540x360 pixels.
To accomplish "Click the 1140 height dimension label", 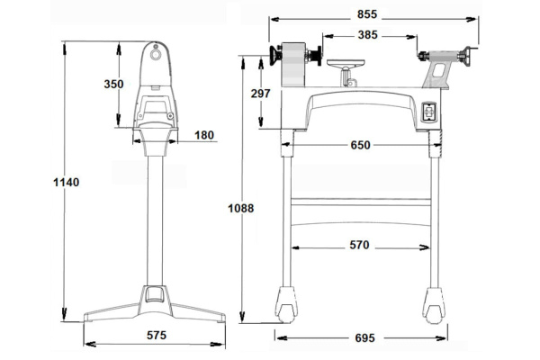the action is coord(66,182).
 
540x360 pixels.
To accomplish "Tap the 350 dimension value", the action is coord(113,84).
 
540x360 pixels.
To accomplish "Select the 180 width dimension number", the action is coord(204,135).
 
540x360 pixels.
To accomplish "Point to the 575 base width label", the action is coord(157,335).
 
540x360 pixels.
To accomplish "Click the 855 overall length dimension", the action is coord(367,14).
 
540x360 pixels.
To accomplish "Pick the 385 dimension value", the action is coord(367,35).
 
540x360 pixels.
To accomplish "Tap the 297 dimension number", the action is coord(260,94).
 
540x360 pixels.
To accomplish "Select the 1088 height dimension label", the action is coord(240,208).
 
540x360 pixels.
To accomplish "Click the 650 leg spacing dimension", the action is coord(360,145).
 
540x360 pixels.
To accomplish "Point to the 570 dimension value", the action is coord(359,245).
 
